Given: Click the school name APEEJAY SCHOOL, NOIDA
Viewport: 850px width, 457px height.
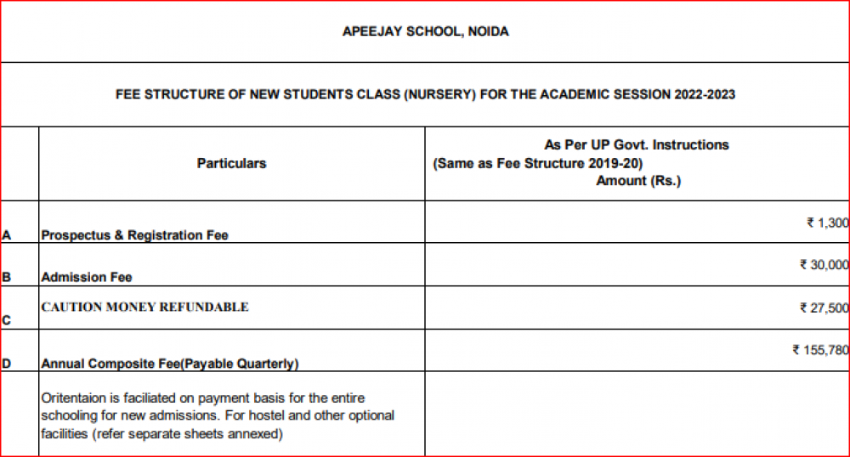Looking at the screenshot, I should (425, 32).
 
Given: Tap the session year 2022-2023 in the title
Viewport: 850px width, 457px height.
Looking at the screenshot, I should (705, 94).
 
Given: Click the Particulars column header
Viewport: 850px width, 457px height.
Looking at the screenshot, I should (231, 163).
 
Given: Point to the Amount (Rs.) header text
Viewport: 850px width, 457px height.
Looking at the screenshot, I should (638, 181).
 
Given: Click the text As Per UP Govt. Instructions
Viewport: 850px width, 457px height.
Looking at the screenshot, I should (637, 144).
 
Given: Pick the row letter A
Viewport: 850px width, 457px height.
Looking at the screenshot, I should (7, 235).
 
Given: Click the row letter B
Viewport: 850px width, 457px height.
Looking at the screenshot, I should (7, 277).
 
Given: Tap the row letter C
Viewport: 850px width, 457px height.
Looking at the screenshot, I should (7, 320).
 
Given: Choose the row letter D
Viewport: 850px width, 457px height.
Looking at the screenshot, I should (7, 364).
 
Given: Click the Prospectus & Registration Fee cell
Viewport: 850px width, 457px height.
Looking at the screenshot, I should (134, 235).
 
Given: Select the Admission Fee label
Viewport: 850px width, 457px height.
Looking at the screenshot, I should (86, 277).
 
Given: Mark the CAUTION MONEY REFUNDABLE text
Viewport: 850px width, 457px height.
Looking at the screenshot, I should (144, 307).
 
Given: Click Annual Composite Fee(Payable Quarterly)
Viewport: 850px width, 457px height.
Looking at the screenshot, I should (169, 364).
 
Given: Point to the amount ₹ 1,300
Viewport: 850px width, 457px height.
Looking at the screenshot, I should (827, 223).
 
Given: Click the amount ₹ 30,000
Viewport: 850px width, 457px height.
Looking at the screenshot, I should (824, 265).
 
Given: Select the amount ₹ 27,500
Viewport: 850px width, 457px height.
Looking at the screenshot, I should (824, 307).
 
